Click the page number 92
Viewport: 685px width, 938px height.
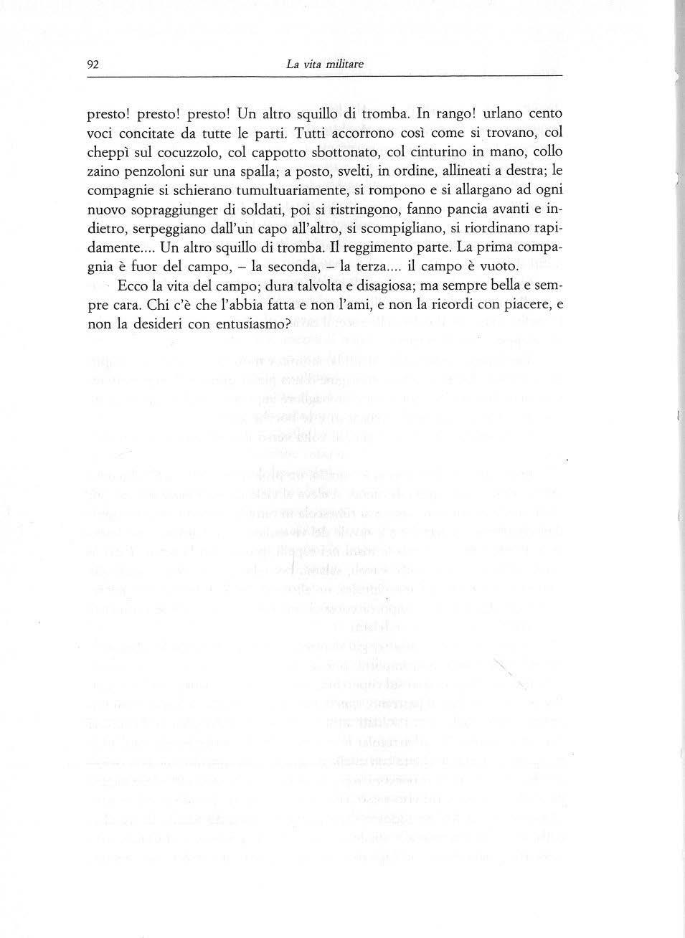[92, 64]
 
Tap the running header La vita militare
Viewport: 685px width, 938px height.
[325, 64]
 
